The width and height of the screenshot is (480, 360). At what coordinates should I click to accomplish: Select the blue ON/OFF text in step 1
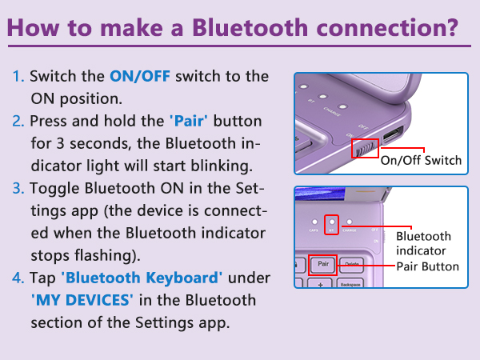pos(141,78)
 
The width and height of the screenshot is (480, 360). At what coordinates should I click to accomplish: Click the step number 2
pos(18,122)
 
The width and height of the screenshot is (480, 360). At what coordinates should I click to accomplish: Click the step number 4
pos(18,278)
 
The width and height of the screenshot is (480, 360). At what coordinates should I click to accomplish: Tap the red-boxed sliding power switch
pos(365,147)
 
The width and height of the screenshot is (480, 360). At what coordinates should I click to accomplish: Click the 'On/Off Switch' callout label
pos(421,161)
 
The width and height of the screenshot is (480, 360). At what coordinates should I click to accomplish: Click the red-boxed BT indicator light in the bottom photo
pos(333,223)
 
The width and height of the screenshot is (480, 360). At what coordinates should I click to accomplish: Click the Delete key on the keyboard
pos(351,263)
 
